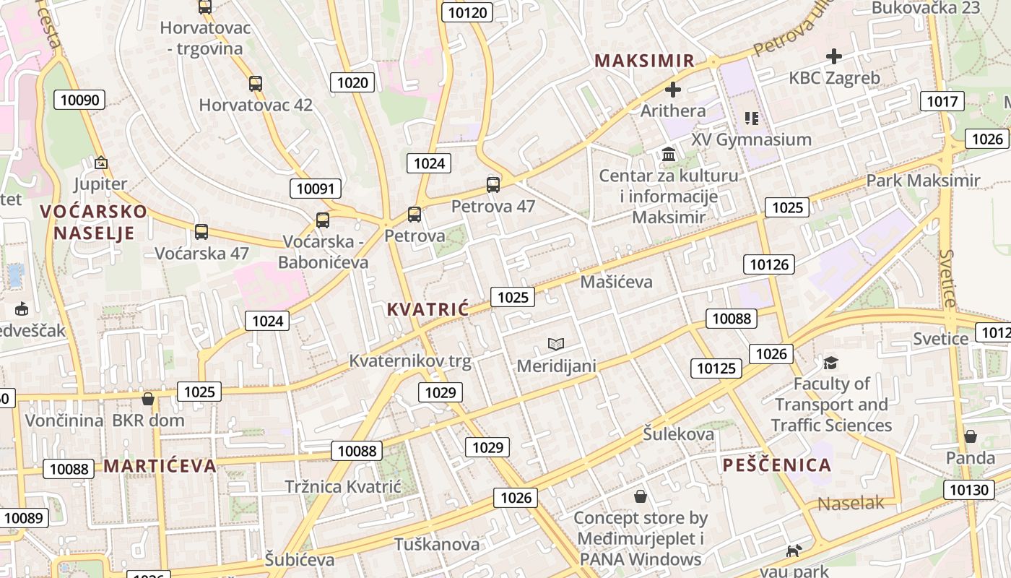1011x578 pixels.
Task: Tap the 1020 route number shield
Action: tap(352, 82)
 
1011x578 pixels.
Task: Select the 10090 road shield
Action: tap(79, 100)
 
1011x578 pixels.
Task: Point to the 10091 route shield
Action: tap(316, 189)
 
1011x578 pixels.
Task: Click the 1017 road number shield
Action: tap(942, 102)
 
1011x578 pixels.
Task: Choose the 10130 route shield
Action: tap(969, 491)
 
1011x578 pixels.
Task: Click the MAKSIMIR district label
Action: tap(645, 61)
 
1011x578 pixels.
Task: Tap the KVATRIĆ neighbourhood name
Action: tap(428, 309)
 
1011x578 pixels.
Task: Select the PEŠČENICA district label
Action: tap(777, 465)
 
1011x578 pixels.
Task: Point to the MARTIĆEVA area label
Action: tap(160, 465)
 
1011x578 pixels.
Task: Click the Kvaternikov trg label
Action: tap(409, 361)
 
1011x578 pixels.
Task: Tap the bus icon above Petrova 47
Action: tap(493, 185)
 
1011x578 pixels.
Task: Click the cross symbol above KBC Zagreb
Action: tap(834, 56)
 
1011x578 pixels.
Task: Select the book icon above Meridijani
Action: tap(556, 345)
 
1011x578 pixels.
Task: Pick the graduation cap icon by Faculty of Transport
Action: tap(831, 363)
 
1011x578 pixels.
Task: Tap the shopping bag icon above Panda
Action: tap(971, 436)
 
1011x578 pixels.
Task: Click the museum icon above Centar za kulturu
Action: tap(669, 155)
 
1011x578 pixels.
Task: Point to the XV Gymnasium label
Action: tap(751, 139)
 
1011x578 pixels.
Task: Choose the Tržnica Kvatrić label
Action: tap(342, 486)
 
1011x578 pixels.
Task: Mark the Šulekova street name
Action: tap(678, 433)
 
